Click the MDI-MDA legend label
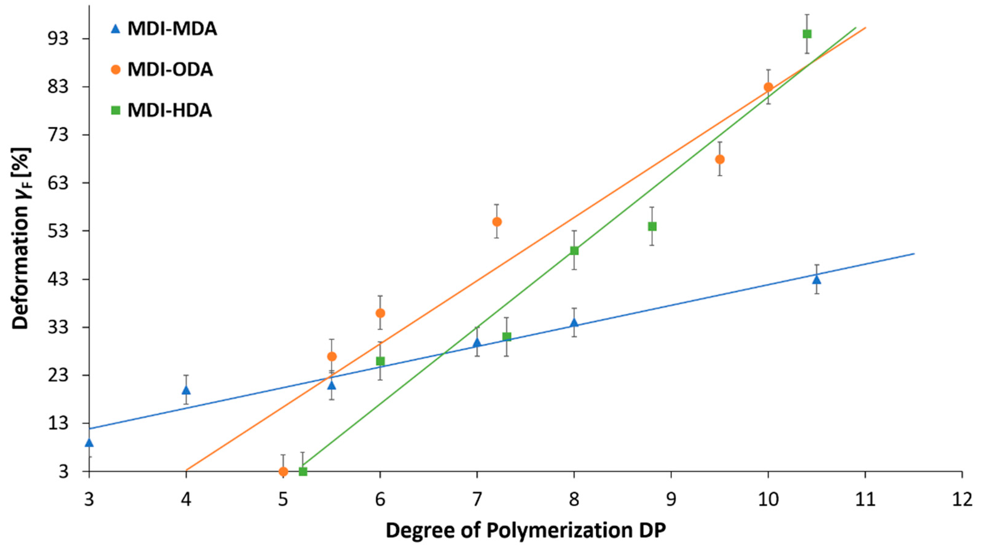click(x=172, y=29)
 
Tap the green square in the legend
click(x=116, y=110)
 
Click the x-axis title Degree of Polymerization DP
click(x=526, y=531)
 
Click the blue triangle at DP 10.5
click(x=817, y=279)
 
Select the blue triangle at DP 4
click(x=186, y=390)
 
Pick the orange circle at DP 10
click(x=768, y=87)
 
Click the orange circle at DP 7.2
click(x=497, y=222)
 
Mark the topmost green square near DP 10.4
click(x=807, y=34)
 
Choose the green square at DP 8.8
click(x=652, y=227)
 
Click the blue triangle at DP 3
click(x=89, y=443)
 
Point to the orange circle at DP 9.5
click(x=720, y=159)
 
